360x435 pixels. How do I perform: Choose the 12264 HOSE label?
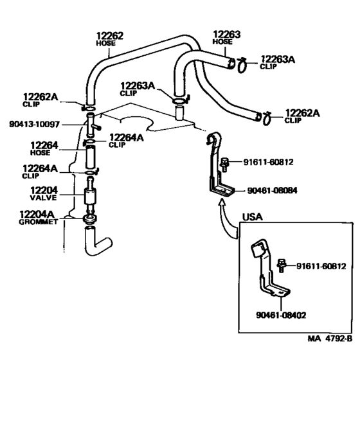tap(44, 149)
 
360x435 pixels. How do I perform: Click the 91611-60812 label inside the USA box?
tap(321, 265)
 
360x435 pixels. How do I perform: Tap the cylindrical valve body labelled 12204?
tap(91, 194)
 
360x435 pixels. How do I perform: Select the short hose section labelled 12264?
tap(91, 157)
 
